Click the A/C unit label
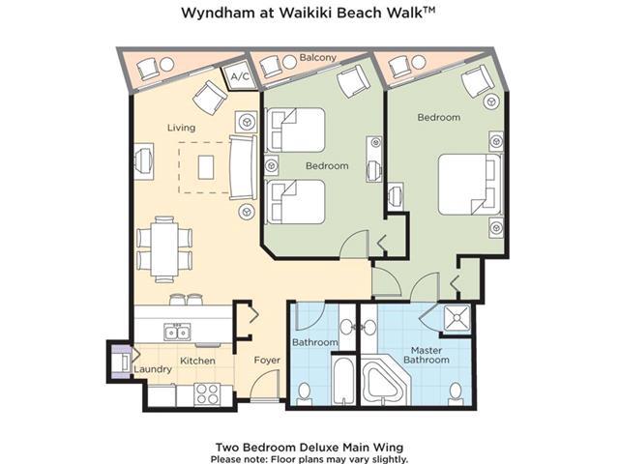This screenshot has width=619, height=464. point(240,76)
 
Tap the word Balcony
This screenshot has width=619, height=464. point(318,58)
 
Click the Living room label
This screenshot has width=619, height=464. point(181,128)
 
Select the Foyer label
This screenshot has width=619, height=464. point(267,361)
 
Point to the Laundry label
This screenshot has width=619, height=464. point(153,369)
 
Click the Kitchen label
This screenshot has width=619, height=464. point(197,361)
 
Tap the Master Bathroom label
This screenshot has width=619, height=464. point(427,355)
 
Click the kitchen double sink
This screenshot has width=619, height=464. point(177,333)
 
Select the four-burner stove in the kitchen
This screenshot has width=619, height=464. point(207,394)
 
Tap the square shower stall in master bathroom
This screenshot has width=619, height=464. point(457,318)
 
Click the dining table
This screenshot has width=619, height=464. point(164,249)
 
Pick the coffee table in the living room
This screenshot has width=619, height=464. point(206,167)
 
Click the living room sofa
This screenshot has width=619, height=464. point(243,167)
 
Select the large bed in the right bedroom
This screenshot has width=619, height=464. point(470,185)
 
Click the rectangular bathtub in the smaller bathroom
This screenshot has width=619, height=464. point(344,380)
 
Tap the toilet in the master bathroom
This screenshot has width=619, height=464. point(456,393)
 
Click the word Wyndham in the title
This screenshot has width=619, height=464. point(218,13)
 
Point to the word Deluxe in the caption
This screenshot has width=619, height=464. point(319,448)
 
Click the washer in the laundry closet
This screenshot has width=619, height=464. point(123,362)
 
